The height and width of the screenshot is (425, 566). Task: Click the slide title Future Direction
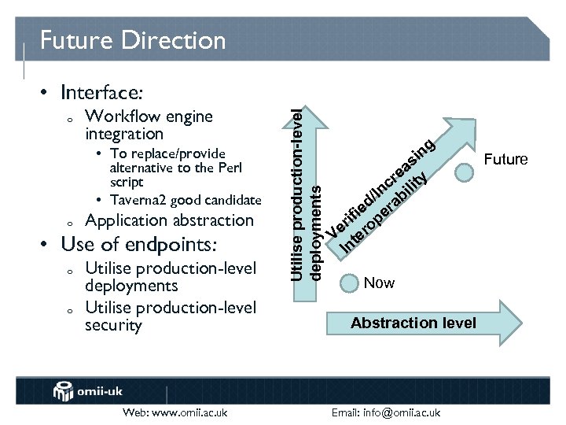[x=132, y=39]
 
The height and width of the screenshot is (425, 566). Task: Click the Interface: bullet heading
[x=105, y=93]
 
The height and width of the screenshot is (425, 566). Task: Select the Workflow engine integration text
[x=149, y=125]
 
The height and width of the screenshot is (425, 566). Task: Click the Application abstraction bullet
[x=169, y=220]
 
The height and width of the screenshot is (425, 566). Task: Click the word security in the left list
[x=113, y=325]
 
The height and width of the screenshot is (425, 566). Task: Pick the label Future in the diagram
[x=505, y=160]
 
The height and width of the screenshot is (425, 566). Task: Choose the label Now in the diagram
[x=379, y=283]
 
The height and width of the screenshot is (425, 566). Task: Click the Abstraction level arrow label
[x=413, y=323]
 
